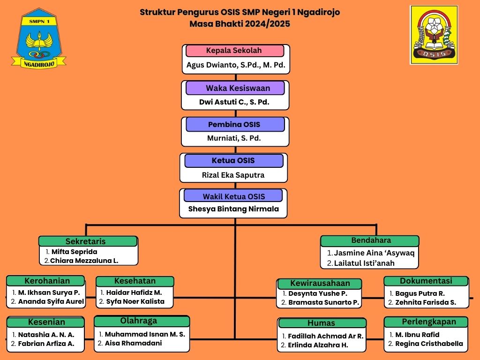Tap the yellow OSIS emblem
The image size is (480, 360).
click(x=434, y=35)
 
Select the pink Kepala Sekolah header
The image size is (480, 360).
click(x=234, y=51)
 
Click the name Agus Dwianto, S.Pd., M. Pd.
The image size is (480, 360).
click(x=236, y=65)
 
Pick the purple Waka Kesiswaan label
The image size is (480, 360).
click(x=235, y=88)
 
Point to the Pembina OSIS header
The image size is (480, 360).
click(x=235, y=124)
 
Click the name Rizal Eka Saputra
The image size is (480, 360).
click(x=233, y=175)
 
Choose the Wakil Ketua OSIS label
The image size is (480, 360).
click(x=233, y=196)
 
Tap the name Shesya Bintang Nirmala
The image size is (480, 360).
click(x=233, y=209)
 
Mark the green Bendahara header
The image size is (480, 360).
click(x=370, y=240)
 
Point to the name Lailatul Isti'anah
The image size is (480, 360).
click(x=364, y=263)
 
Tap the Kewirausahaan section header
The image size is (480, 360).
click(x=320, y=283)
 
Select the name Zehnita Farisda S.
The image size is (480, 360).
click(x=426, y=302)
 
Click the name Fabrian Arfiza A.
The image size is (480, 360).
click(x=46, y=344)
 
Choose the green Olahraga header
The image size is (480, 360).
click(x=142, y=321)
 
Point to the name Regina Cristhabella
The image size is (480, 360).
click(x=429, y=344)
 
